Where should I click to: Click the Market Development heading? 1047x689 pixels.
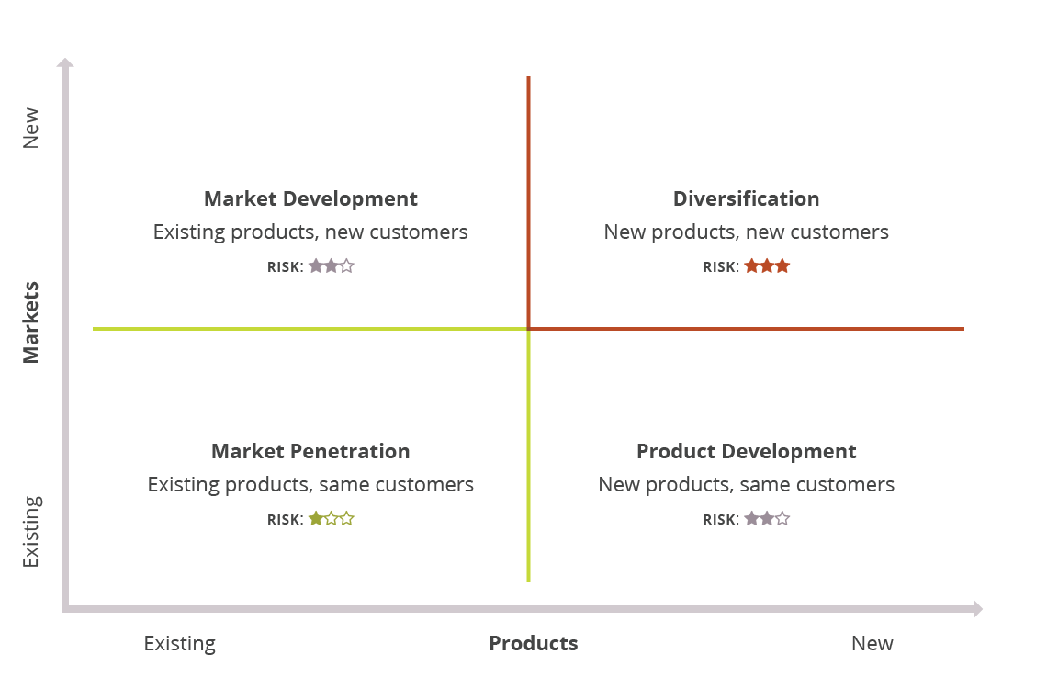pos(310,198)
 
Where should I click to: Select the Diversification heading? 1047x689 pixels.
pos(746,198)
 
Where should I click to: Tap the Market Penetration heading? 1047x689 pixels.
pos(310,451)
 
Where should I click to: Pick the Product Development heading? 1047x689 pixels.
pos(746,451)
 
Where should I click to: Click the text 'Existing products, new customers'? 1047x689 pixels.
pos(310,232)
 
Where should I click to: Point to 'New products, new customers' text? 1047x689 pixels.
pos(746,232)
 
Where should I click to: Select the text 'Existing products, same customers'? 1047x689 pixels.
pos(310,484)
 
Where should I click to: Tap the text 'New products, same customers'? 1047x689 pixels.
pos(746,484)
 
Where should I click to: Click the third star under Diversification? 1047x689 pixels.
pos(782,266)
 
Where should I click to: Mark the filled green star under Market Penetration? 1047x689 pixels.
pos(316,519)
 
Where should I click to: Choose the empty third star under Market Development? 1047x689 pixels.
pos(346,266)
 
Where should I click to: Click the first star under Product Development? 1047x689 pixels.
pos(751,519)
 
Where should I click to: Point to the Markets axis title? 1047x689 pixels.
pos(31,322)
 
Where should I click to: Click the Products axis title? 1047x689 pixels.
pos(533,643)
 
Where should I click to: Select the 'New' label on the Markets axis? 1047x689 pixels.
pos(31,128)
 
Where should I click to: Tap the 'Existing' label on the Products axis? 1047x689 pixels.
pos(179,643)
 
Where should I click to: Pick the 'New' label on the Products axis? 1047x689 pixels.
pos(872,643)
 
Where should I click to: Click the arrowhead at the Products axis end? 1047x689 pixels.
pos(977,609)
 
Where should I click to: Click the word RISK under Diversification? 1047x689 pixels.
pos(720,267)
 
